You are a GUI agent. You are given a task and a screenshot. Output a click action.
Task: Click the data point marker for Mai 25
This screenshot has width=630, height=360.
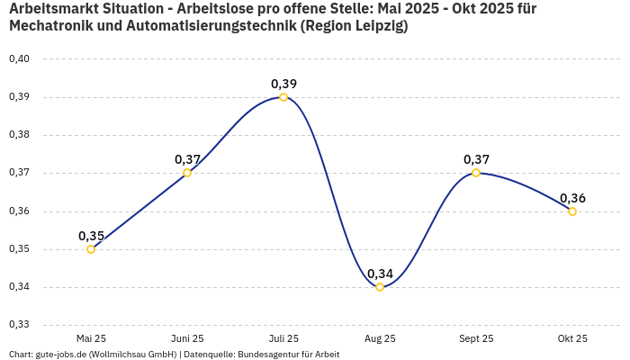pos(91,249)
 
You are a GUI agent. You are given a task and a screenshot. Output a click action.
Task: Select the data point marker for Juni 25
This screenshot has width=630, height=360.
pos(187,173)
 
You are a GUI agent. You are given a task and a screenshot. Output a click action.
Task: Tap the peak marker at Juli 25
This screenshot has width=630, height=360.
pos(283,97)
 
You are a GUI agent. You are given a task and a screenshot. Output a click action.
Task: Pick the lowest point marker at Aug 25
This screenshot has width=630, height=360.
pos(380,287)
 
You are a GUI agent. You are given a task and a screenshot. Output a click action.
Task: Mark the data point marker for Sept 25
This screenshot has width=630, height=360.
pos(476,173)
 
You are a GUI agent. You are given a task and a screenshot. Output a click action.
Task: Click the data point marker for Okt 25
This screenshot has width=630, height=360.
pos(572,211)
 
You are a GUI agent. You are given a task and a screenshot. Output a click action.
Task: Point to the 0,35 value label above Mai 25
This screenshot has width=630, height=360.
pos(91,236)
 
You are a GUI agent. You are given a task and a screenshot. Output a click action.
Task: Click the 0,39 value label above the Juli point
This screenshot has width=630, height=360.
pos(283,84)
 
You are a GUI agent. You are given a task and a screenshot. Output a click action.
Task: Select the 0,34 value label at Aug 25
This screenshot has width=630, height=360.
pos(380,274)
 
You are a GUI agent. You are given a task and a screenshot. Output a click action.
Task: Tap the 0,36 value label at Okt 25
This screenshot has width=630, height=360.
pos(572,198)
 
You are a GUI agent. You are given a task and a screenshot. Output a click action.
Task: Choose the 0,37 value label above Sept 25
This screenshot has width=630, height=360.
pos(476,159)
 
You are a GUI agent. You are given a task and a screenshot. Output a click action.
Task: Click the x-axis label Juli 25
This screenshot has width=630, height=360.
pos(283,338)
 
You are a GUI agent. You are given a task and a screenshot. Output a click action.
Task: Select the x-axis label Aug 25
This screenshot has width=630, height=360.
pos(380,338)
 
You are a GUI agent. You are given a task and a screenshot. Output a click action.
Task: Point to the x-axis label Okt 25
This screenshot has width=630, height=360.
pos(572,338)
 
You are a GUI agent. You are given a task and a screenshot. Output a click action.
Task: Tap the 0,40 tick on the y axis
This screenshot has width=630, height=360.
pos(19,58)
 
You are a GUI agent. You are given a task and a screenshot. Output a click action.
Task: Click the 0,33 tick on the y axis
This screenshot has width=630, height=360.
pos(19,325)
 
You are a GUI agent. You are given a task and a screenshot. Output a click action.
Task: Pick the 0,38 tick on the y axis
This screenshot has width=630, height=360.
pos(19,135)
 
